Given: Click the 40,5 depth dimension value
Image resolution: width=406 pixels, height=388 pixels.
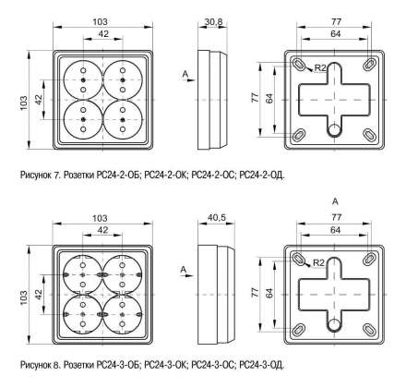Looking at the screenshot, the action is (217, 218).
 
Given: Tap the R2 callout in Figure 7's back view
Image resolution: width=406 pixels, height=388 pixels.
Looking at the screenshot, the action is (320, 68).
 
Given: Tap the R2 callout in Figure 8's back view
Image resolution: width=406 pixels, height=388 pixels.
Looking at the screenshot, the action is (319, 263).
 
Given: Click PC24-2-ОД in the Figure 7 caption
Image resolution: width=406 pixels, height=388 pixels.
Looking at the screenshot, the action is (262, 176).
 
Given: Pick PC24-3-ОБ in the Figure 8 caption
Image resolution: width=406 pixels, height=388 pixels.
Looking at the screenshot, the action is (119, 365).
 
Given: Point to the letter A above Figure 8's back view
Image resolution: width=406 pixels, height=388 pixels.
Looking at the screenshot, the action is (335, 201).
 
